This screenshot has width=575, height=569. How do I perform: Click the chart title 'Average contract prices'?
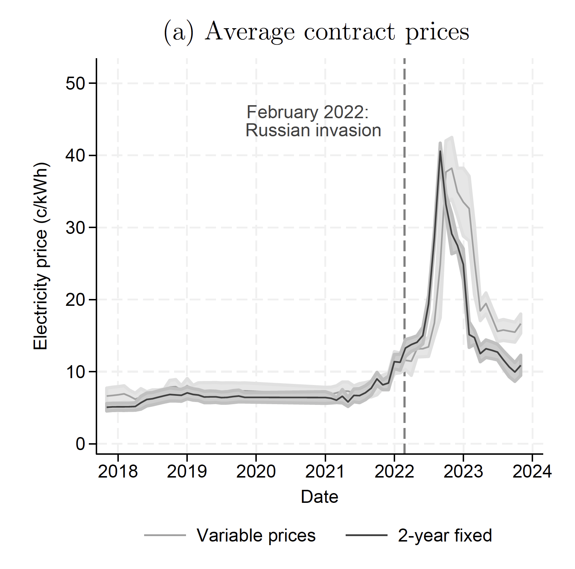pos(317,32)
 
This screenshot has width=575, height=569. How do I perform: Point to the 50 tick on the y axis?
pos(75,84)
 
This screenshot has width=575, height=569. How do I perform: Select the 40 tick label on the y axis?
pos(75,156)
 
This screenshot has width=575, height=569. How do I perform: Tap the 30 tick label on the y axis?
pos(75,228)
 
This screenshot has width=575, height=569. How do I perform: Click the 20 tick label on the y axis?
pos(75,300)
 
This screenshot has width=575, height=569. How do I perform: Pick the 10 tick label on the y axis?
pos(75,372)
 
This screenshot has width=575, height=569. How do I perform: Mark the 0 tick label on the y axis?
pos(80,444)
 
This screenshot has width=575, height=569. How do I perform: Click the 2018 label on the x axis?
pos(118,472)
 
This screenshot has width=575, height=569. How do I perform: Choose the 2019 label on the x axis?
pos(187,472)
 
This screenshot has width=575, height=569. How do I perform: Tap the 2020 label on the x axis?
pos(256,472)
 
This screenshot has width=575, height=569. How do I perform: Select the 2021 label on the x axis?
pos(325,472)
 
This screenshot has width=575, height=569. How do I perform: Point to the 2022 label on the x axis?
pos(394,472)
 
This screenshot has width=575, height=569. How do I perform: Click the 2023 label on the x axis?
pos(463,472)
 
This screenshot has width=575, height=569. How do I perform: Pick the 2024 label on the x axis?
pos(532,472)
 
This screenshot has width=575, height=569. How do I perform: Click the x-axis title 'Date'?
pos(320,497)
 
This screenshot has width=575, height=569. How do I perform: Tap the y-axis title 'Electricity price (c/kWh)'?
pos(40,257)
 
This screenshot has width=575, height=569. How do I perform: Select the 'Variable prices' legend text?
pos(256,535)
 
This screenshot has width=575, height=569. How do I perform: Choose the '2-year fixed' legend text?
pos(445,535)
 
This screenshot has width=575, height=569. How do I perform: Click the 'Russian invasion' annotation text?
pos(313,131)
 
